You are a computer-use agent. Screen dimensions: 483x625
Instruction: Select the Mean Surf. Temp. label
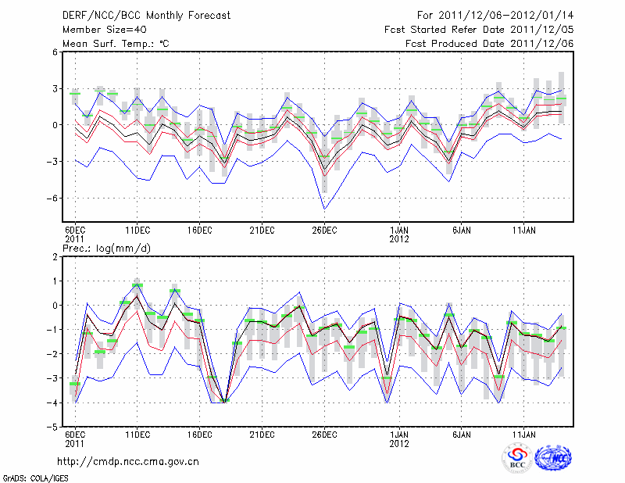point(116,43)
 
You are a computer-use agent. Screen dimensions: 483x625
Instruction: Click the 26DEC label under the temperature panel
point(324,230)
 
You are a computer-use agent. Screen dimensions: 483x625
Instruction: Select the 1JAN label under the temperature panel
point(399,230)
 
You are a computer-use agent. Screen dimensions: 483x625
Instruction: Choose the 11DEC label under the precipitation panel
point(137,434)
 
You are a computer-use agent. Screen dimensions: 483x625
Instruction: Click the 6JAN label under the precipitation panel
point(462,434)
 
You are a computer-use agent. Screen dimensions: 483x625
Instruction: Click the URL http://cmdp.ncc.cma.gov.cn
point(128,461)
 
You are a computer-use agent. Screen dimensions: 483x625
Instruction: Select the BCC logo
point(517,458)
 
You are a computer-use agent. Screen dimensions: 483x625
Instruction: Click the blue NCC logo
point(552,458)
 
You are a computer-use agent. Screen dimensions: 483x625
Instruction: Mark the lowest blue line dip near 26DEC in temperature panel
point(324,209)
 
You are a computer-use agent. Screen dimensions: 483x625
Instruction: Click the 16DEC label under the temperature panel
point(199,230)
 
